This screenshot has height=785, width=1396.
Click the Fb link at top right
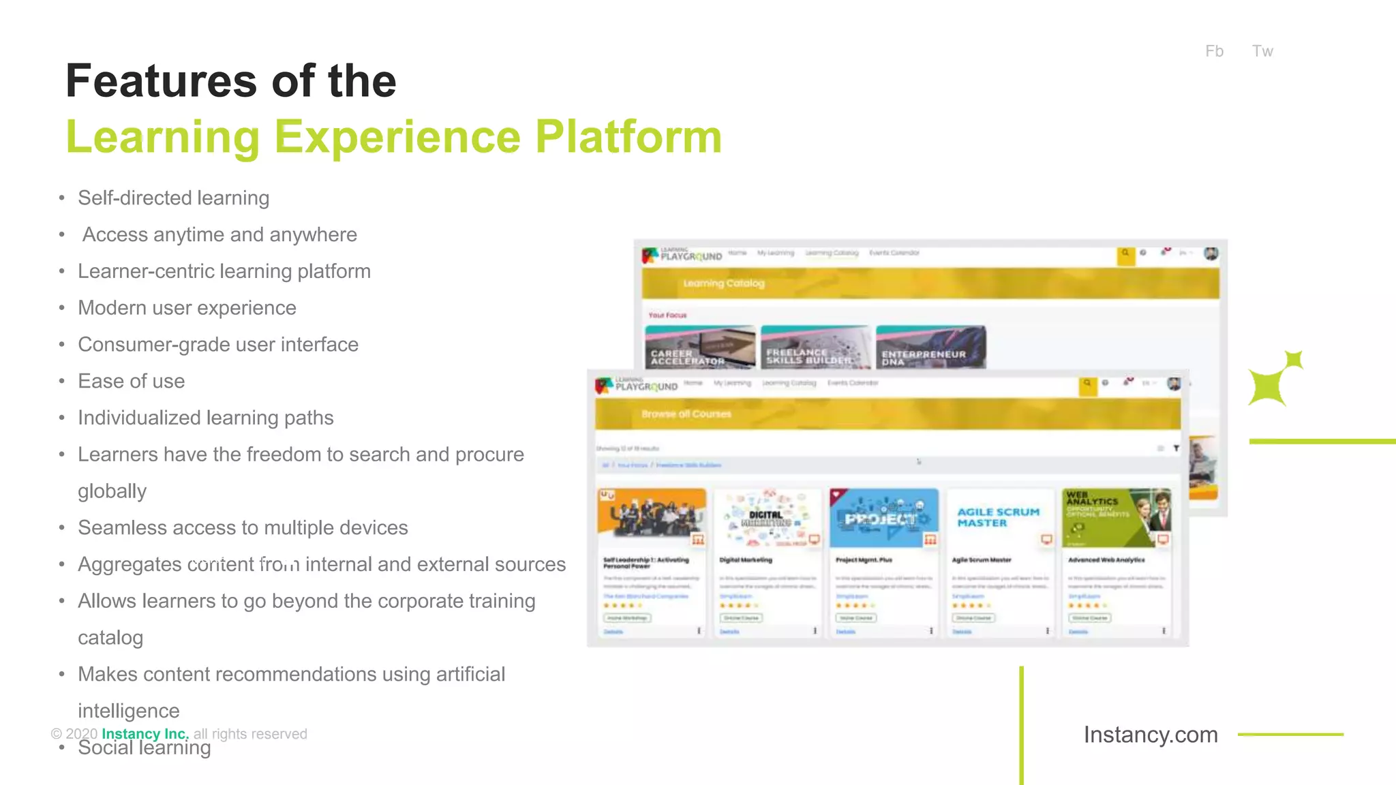click(x=1214, y=51)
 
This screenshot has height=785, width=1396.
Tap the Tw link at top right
click(x=1262, y=51)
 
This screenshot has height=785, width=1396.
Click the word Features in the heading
click(x=161, y=81)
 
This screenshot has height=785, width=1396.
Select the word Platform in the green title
click(x=628, y=137)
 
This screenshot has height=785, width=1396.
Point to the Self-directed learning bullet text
click(x=173, y=198)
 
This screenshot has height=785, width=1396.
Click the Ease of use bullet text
click(x=131, y=382)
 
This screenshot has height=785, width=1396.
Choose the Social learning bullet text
click(x=144, y=748)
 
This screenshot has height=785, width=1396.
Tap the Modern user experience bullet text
click(x=187, y=308)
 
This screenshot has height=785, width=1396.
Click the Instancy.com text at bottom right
click(x=1151, y=735)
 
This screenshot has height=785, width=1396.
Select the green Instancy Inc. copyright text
click(x=145, y=734)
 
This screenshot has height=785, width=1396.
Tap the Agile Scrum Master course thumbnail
click(x=999, y=517)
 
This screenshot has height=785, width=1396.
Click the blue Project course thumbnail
click(x=883, y=518)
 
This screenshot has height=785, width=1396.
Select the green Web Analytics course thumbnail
click(x=1117, y=517)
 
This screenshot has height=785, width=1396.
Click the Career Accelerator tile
click(x=700, y=348)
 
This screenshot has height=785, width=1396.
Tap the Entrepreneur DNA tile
click(x=930, y=348)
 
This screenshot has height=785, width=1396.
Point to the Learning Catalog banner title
click(x=724, y=283)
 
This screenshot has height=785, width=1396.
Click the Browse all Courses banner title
click(x=686, y=414)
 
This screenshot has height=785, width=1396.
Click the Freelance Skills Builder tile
click(x=815, y=348)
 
